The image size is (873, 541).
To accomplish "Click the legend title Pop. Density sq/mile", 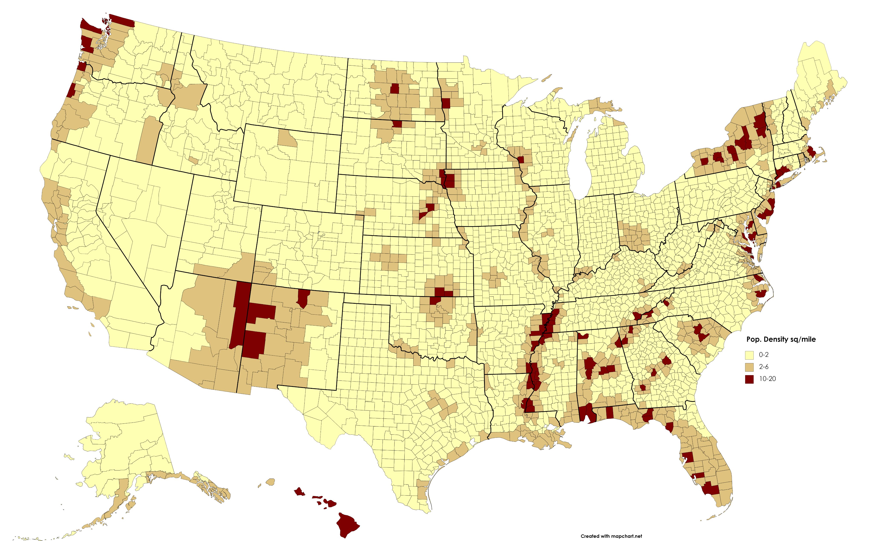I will pos(781,339).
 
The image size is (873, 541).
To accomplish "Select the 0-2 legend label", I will pos(763,354).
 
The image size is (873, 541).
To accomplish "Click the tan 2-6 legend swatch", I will pos(749,367).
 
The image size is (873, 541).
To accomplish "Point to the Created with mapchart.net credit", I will pos(611,536).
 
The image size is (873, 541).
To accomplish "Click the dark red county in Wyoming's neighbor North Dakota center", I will pos(395,88).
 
